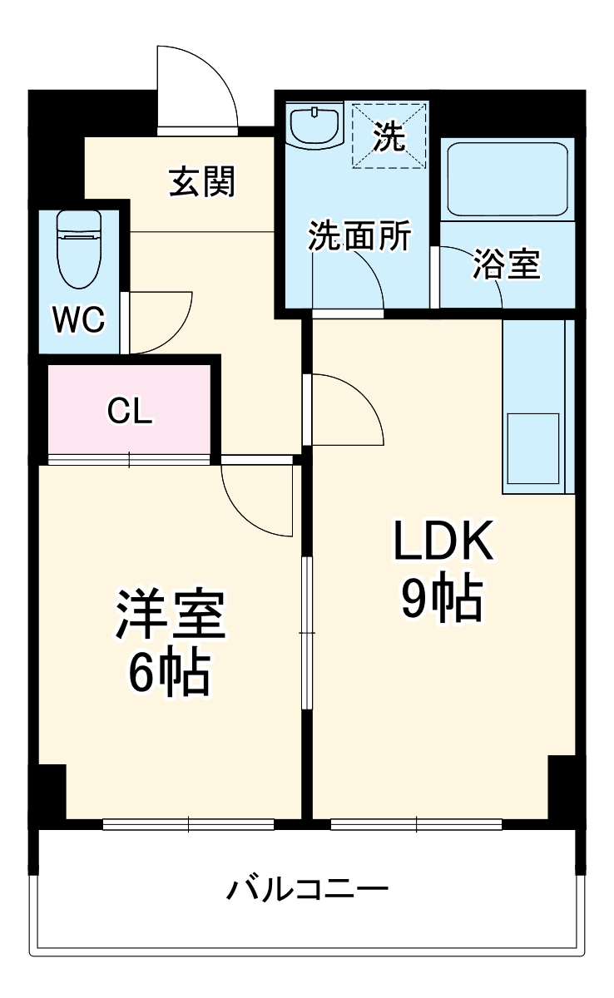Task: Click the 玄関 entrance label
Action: click(x=202, y=181)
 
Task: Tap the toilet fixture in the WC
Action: click(x=79, y=247)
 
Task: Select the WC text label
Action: click(x=79, y=319)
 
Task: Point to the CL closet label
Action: click(x=131, y=411)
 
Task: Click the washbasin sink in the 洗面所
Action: click(x=316, y=126)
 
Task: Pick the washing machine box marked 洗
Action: click(x=389, y=136)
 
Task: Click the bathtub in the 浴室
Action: click(x=508, y=179)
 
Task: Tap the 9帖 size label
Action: click(x=442, y=599)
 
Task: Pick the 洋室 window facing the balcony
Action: click(x=189, y=825)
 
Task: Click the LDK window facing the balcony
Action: click(x=416, y=825)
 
